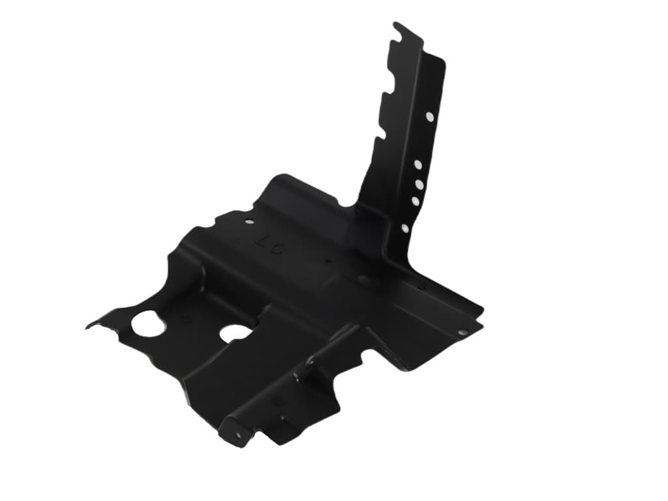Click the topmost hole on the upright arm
tap(429, 117)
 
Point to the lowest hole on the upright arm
tap(405, 228)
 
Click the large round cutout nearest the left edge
tap(147, 322)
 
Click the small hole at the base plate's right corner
tap(462, 332)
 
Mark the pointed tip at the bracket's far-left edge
tap(87, 326)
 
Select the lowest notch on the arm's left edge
tap(378, 134)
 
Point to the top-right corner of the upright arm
tap(444, 61)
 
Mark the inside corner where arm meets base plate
tap(358, 207)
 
